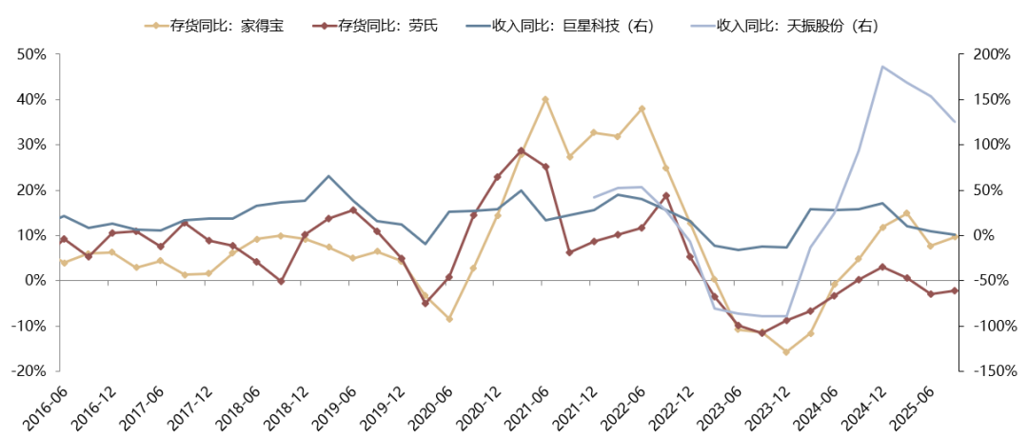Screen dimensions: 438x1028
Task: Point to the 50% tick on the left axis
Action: (31, 55)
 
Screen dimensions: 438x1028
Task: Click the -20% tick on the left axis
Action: (30, 371)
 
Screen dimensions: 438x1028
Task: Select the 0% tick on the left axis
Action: (36, 281)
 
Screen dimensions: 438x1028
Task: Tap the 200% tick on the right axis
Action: (989, 55)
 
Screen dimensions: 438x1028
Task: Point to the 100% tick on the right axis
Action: (989, 146)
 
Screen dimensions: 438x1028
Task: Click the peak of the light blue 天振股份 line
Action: (882, 67)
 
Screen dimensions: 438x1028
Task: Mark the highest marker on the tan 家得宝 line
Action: (545, 99)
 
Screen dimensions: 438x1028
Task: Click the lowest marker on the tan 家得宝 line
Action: (786, 352)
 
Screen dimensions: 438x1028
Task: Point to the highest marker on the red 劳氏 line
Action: (521, 150)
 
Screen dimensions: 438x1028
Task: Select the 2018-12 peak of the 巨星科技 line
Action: (328, 176)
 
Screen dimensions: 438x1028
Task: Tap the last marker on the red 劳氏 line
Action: (955, 290)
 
